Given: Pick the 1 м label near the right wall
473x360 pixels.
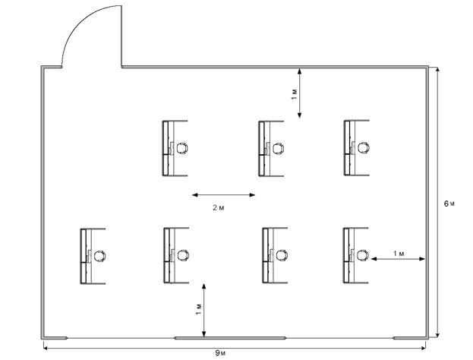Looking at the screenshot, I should [398, 251].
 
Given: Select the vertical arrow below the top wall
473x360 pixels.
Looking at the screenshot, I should [301, 93].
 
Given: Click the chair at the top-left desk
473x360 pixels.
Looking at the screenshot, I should [182, 148].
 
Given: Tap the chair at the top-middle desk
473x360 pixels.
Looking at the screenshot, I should [279, 148].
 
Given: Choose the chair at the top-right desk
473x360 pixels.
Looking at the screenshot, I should [365, 148].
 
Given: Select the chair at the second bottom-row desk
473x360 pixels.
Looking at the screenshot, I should [184, 256].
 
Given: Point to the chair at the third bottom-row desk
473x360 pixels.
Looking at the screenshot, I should [282, 256].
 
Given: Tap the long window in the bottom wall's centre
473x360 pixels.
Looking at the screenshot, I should [230, 336].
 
